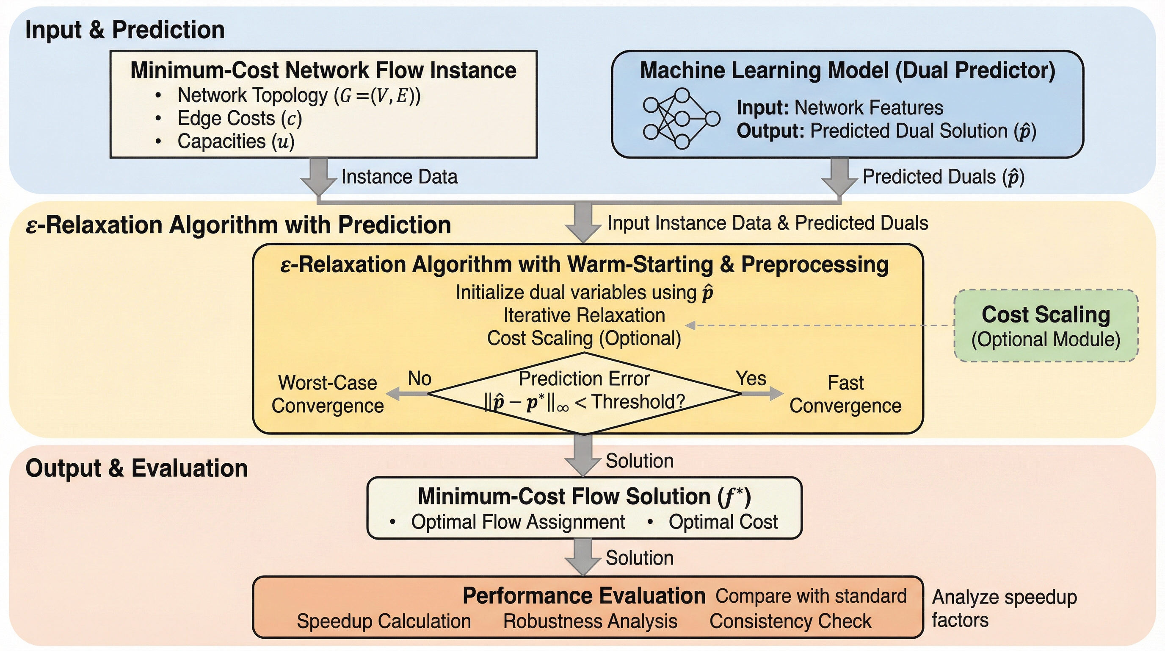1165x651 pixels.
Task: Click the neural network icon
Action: [681, 119]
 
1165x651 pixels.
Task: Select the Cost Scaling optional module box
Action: [1046, 325]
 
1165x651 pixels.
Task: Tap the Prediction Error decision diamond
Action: [584, 392]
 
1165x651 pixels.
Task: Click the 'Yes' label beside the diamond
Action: [751, 378]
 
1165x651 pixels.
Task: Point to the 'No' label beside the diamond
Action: [419, 378]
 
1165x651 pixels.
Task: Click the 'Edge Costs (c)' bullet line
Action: [239, 119]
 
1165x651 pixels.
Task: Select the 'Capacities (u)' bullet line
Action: [236, 141]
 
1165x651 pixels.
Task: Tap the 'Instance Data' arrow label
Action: [399, 177]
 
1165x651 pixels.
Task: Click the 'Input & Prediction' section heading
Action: [125, 30]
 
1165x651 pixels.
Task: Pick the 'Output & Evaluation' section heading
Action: [137, 468]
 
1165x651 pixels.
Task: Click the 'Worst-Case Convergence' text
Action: [327, 394]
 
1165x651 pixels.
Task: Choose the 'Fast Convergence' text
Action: [845, 394]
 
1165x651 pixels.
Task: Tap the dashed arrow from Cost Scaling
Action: [819, 325]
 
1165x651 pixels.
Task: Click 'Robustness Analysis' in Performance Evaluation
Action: [590, 621]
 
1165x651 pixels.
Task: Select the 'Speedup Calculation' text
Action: [384, 621]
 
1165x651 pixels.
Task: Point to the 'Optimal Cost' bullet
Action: [723, 522]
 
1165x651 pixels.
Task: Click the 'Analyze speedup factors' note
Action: [1004, 609]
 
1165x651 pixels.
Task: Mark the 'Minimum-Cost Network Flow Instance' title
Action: [323, 70]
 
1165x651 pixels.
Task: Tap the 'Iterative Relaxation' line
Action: [584, 315]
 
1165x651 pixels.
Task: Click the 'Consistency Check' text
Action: [790, 621]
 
